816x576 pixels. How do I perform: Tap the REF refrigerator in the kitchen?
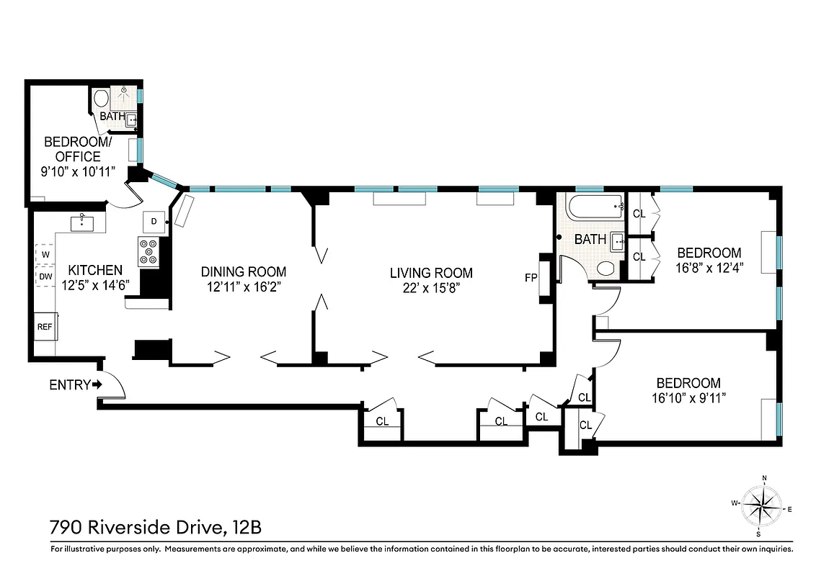[45, 327]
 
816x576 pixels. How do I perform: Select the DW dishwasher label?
[45, 276]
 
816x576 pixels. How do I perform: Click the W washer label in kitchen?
[45, 255]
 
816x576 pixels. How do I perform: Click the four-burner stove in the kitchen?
[149, 252]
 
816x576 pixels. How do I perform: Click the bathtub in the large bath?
[595, 208]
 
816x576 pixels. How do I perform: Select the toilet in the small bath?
[102, 97]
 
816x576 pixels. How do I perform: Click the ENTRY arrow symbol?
[97, 385]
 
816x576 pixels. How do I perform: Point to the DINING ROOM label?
[243, 272]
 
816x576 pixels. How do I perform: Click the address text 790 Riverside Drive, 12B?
[155, 528]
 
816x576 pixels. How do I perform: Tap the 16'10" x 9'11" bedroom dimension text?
[688, 397]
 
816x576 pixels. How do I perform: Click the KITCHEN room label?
[95, 270]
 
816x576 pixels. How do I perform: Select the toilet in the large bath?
[607, 269]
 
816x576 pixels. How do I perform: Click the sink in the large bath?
[617, 241]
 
